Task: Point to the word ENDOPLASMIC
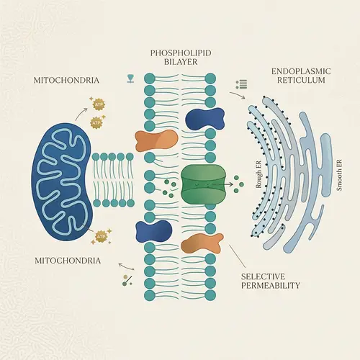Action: click(300, 72)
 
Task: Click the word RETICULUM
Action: click(300, 82)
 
